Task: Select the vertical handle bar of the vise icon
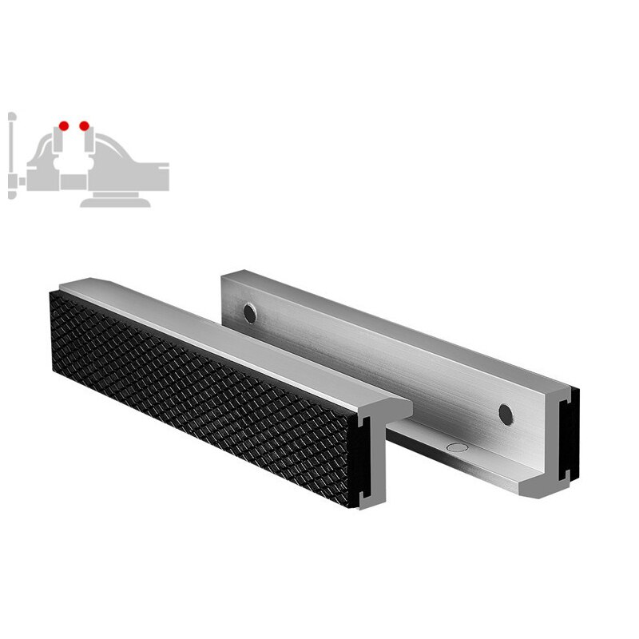tap(10, 156)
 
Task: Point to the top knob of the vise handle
tap(10, 117)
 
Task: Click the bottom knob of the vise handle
tap(10, 194)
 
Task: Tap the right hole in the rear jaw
tap(505, 413)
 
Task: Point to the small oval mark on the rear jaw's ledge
tap(456, 448)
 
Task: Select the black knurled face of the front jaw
tap(200, 391)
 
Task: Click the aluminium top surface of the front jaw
tap(240, 335)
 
